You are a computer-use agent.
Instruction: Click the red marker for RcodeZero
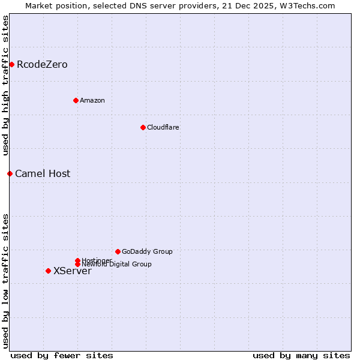pyautogui.click(x=11, y=64)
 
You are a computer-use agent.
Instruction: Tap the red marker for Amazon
pyautogui.click(x=76, y=100)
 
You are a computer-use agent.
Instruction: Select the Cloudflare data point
pyautogui.click(x=143, y=127)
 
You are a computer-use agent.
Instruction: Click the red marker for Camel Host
pyautogui.click(x=10, y=173)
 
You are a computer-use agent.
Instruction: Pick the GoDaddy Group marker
pyautogui.click(x=118, y=251)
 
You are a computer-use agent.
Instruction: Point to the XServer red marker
pyautogui.click(x=48, y=271)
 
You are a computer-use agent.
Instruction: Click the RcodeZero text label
pyautogui.click(x=42, y=64)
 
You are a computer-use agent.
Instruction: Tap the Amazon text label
pyautogui.click(x=92, y=100)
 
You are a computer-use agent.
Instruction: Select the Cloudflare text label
pyautogui.click(x=163, y=127)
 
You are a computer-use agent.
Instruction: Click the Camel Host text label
pyautogui.click(x=43, y=173)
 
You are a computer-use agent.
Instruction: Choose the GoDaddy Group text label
pyautogui.click(x=147, y=251)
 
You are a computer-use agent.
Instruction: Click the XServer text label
pyautogui.click(x=73, y=271)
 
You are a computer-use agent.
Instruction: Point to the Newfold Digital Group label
pyautogui.click(x=117, y=265)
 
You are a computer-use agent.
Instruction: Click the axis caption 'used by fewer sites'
pyautogui.click(x=62, y=355)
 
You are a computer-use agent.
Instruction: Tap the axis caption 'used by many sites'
pyautogui.click(x=301, y=355)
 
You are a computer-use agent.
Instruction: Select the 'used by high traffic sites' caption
pyautogui.click(x=6, y=86)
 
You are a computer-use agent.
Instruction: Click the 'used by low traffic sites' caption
pyautogui.click(x=6, y=280)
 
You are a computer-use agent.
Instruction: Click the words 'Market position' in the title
pyautogui.click(x=52, y=5)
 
